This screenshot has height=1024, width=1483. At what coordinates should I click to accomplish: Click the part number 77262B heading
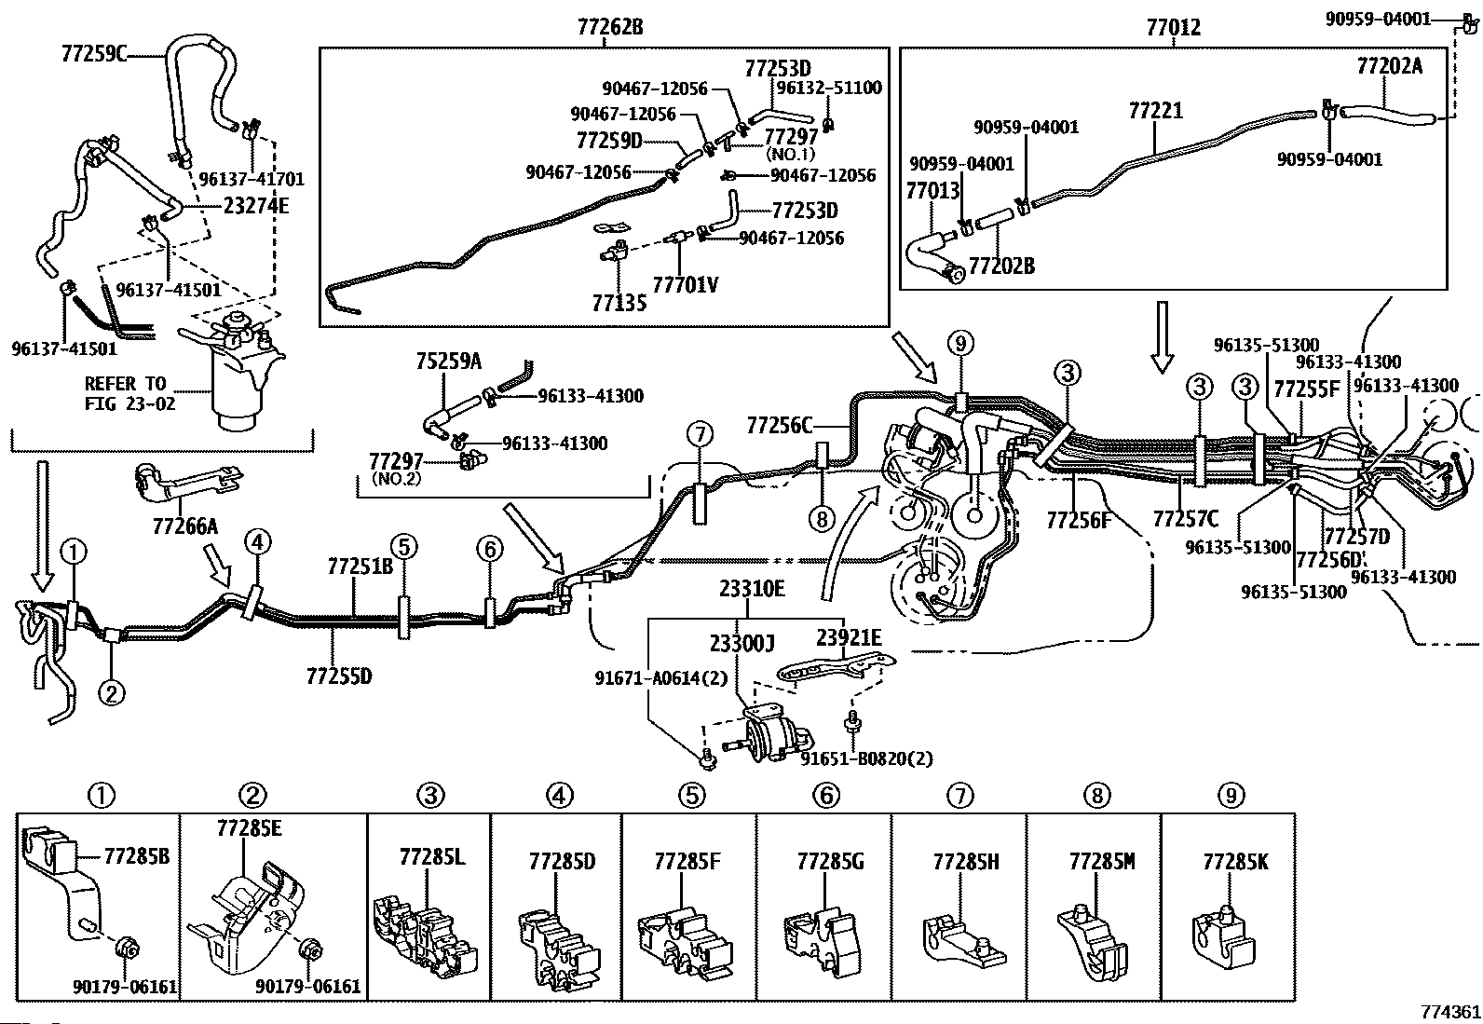point(610,27)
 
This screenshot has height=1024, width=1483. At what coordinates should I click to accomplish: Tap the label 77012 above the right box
point(1173,27)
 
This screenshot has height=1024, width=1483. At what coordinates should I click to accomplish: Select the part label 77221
point(1155,110)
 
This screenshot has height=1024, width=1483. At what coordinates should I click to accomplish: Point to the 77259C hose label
point(93,53)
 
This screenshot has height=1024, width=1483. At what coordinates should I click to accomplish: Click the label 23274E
point(256,206)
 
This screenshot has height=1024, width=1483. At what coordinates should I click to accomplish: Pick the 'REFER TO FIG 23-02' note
point(129,393)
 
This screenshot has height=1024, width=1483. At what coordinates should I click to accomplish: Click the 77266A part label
point(184,526)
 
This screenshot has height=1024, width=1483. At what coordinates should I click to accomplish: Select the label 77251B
point(361,567)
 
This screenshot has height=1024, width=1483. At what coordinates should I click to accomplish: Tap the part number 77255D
point(339,676)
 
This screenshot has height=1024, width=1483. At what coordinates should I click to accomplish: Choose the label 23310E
point(752,588)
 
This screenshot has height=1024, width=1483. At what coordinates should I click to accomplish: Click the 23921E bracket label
point(849,637)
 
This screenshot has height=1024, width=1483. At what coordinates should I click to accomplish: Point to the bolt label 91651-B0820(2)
point(866,758)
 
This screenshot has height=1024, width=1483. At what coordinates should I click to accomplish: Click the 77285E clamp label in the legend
point(249,828)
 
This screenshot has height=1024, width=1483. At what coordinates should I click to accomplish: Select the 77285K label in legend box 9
point(1235,862)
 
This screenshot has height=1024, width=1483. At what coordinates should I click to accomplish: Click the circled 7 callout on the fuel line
point(700,435)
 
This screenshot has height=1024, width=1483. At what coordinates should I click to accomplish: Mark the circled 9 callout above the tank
point(960,343)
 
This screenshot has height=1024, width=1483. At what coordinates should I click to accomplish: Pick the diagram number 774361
point(1449,1011)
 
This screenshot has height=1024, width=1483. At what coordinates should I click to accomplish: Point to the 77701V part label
point(686,285)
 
